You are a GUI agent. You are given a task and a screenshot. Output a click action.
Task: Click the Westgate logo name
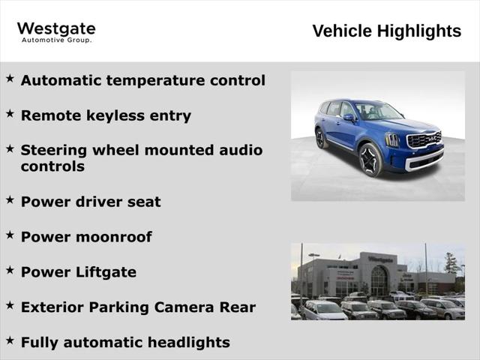pos(56,29)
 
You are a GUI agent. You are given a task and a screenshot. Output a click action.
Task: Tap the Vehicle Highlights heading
pos(386,31)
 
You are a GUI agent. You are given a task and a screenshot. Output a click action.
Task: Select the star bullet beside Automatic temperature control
pos(10,78)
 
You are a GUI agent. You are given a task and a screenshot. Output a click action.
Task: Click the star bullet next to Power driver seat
pos(10,199)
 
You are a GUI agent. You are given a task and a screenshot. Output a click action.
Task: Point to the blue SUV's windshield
pos(378,112)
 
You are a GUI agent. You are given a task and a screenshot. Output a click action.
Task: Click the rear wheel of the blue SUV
pos(321,139)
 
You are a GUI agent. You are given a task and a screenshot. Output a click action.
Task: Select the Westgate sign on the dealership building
pos(380,259)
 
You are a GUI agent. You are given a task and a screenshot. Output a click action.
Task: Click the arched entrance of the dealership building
pos(379,281)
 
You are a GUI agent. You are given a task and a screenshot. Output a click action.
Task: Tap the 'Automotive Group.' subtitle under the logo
pos(56,40)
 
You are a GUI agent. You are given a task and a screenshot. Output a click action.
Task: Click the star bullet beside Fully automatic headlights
pos(10,340)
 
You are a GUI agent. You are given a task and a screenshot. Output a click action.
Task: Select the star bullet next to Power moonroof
pos(10,235)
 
